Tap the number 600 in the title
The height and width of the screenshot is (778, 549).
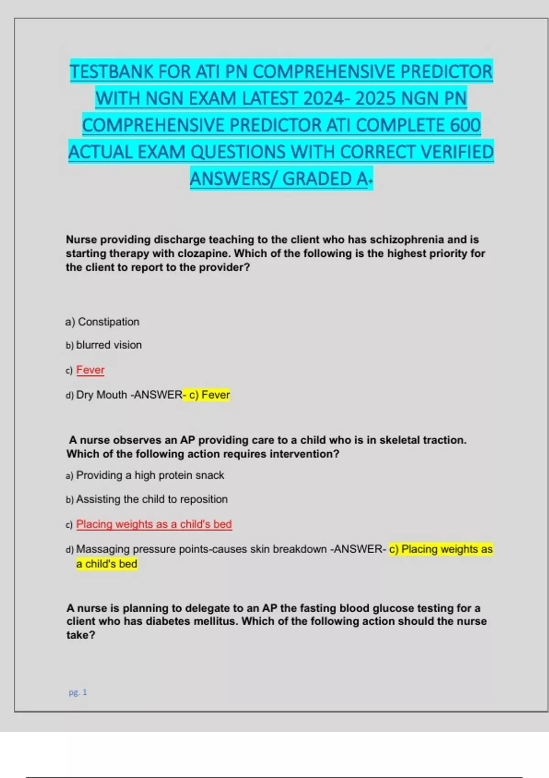(x=465, y=125)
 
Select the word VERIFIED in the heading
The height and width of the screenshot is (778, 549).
(x=457, y=152)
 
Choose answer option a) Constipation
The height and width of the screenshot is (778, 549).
(x=102, y=322)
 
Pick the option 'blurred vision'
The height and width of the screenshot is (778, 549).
(x=108, y=345)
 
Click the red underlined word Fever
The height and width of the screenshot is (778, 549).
(x=90, y=370)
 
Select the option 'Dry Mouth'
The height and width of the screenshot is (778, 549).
(x=101, y=394)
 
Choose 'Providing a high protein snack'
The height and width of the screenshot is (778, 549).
(x=150, y=475)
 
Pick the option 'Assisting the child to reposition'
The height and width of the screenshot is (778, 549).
(x=151, y=499)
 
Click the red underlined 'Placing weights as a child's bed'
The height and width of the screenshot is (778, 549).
(x=154, y=524)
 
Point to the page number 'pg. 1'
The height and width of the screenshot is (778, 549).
(x=78, y=692)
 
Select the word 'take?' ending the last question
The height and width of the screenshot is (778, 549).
(x=81, y=635)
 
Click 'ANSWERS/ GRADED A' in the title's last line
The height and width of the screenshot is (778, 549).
(x=279, y=179)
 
